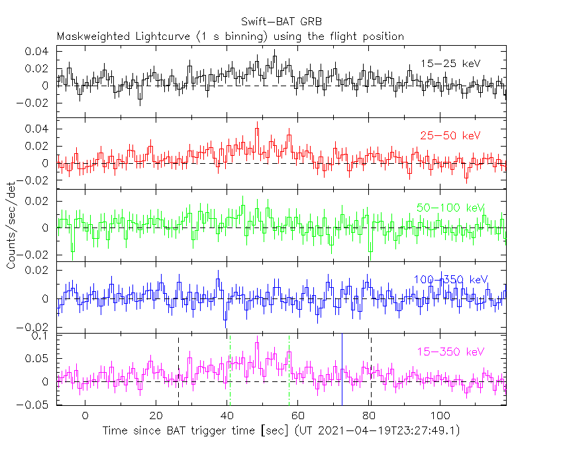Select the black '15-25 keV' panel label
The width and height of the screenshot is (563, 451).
click(x=450, y=64)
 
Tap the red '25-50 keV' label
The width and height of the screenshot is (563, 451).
click(x=450, y=136)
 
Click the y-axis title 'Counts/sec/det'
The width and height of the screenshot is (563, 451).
click(x=11, y=227)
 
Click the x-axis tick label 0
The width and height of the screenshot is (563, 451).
click(x=85, y=415)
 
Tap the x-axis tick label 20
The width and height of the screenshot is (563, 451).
click(x=156, y=415)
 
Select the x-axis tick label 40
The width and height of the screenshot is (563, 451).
click(x=227, y=415)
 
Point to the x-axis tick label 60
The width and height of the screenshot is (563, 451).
click(x=297, y=415)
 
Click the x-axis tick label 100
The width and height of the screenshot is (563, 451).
click(x=439, y=415)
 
